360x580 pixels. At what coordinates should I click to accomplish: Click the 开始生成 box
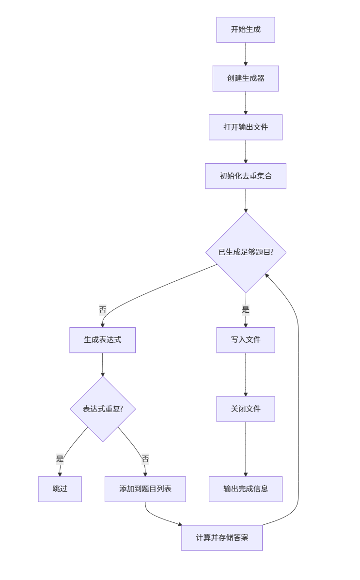tap(246, 30)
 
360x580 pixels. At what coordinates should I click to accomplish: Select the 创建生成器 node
tap(246, 78)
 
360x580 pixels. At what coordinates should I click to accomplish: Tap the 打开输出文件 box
tap(246, 127)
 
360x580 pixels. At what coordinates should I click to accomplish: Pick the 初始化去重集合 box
tap(246, 176)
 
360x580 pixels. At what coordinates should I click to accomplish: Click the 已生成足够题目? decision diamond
tap(246, 252)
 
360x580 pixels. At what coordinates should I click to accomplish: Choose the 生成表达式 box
tap(102, 340)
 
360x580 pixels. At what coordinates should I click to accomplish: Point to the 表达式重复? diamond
tap(102, 409)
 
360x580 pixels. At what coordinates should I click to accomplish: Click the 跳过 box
tap(60, 489)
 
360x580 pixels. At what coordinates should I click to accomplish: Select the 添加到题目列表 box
tap(145, 489)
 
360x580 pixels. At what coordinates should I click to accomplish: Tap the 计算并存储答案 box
tap(222, 538)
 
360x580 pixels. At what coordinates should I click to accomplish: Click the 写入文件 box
tap(246, 340)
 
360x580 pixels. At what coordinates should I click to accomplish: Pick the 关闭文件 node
tap(246, 409)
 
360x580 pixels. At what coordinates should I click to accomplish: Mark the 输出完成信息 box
tap(246, 489)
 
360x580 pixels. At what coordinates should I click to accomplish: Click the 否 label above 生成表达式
tap(102, 309)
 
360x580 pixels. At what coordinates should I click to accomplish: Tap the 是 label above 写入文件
tap(246, 310)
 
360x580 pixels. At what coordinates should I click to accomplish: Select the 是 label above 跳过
tap(60, 458)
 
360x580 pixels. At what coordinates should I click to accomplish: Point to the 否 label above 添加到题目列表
tap(145, 458)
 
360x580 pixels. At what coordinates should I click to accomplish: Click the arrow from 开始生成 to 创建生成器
tap(246, 54)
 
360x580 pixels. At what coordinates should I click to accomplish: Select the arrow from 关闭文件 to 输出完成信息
tap(246, 449)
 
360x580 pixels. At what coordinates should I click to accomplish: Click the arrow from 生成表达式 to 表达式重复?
tap(102, 365)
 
